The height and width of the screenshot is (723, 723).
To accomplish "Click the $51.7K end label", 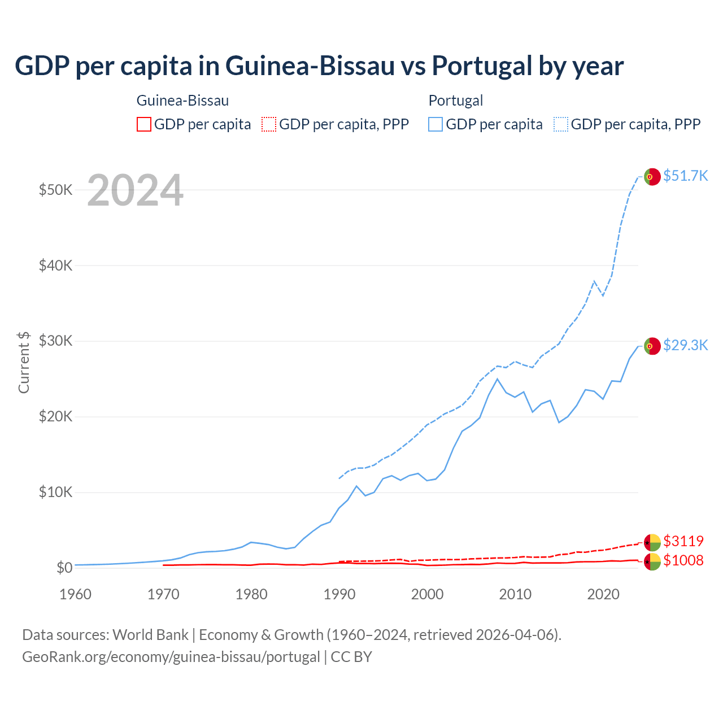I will point(685,176).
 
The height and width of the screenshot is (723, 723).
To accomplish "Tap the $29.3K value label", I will point(685,345).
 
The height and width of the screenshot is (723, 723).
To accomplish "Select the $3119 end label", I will point(683,541).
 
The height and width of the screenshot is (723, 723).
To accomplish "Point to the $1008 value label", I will point(683,560).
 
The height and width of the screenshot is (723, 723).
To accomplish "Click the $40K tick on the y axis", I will point(55,265).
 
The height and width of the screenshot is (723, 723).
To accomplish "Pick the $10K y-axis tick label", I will point(55,493).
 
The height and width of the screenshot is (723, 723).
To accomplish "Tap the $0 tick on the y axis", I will point(64,568).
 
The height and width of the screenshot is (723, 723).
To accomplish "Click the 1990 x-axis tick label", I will point(339,594).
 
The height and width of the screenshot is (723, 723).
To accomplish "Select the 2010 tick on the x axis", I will point(515,594).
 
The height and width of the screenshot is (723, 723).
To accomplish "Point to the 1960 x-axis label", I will point(75,594).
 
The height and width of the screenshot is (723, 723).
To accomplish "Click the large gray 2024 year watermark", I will point(135,190).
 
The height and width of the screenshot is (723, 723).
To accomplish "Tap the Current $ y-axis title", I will point(24,362).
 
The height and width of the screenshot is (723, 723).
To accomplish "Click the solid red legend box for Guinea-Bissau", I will point(144,124).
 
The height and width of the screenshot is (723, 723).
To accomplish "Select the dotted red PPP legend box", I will point(269,124).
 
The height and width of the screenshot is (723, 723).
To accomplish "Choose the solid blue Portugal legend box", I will point(435,124).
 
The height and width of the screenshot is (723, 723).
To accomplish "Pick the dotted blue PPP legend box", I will point(561,124).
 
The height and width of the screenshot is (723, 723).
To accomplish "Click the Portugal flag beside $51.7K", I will point(652,177).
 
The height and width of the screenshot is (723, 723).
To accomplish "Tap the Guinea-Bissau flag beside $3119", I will point(652,542).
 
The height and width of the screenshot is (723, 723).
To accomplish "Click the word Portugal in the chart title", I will point(485,66).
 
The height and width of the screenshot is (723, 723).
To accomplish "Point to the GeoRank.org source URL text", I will point(171,657).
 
